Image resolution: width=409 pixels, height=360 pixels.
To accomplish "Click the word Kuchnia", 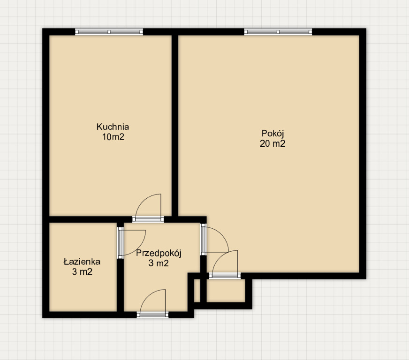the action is (113, 127).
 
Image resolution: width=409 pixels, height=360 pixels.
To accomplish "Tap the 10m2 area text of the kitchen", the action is (113, 136).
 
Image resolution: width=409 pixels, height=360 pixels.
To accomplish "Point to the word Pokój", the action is (273, 134).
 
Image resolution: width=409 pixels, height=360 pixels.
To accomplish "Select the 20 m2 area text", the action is (273, 143).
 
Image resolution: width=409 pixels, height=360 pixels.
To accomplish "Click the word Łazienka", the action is (82, 262).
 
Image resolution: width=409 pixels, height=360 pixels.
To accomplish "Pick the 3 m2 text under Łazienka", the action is (82, 272).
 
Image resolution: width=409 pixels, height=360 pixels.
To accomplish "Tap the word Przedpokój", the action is (159, 253).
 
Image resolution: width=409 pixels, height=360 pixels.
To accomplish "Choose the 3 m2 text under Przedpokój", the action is (159, 263).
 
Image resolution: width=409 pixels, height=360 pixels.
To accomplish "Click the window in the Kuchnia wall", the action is (109, 32).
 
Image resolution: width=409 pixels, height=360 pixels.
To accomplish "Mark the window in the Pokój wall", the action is (278, 32).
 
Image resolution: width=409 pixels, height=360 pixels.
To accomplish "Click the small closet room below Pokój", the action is (226, 291).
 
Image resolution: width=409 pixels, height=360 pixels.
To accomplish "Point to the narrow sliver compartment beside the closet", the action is (197, 291).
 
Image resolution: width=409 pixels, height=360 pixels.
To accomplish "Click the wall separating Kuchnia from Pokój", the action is (175, 126).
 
